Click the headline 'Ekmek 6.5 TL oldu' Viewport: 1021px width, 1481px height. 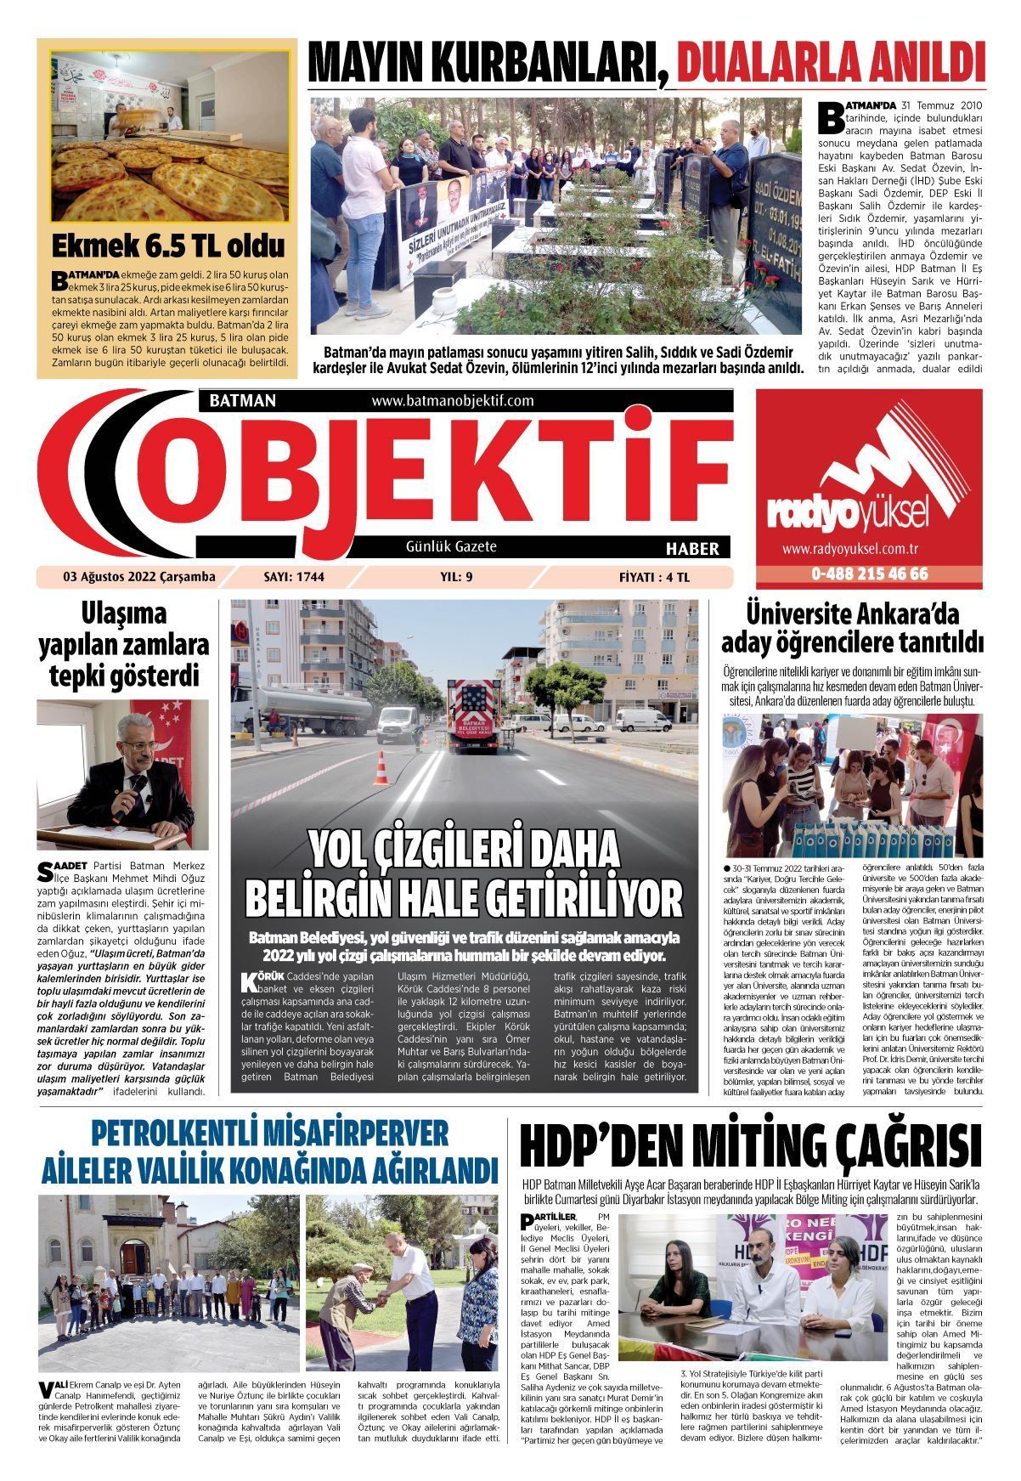pyautogui.click(x=169, y=246)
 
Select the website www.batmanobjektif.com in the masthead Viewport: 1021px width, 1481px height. pyautogui.click(x=452, y=400)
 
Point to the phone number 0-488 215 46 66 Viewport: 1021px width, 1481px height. pyautogui.click(x=869, y=574)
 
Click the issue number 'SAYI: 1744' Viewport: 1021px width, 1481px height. pyautogui.click(x=294, y=577)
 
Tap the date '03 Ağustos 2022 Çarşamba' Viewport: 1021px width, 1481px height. pyautogui.click(x=139, y=577)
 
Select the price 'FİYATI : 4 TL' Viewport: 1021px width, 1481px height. pyautogui.click(x=655, y=577)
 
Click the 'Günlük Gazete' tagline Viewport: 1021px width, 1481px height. pyautogui.click(x=451, y=546)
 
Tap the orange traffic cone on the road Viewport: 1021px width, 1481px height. pyautogui.click(x=382, y=769)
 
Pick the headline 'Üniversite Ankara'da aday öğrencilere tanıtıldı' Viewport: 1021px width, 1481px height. pyautogui.click(x=852, y=626)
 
